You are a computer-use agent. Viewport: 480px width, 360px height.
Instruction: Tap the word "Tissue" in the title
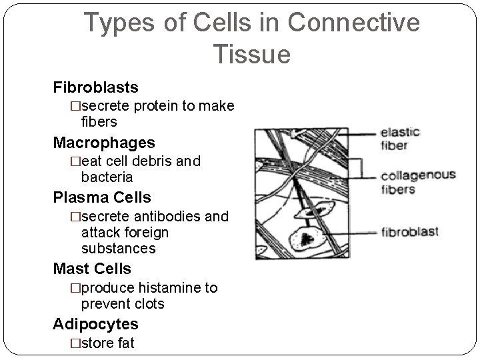coord(252,54)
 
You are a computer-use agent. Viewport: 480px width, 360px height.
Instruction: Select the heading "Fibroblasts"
coord(96,87)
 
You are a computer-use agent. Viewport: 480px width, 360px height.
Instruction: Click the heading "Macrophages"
coord(104,143)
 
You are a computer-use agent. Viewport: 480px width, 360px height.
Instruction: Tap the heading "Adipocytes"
coord(96,324)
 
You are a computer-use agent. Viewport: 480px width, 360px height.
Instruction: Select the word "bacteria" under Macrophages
coord(107,177)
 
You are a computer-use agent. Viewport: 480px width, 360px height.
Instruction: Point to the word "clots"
coord(147,304)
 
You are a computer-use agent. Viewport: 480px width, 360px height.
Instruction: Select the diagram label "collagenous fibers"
coord(417,182)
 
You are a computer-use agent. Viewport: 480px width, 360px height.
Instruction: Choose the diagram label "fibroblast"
coord(409,232)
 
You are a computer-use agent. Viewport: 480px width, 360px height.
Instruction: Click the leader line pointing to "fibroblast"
coord(353,232)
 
